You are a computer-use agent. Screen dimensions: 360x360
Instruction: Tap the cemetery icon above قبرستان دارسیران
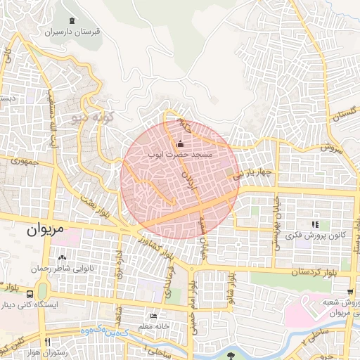pyautogui.click(x=73, y=21)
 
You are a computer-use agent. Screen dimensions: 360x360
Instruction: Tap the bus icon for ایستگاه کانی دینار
pyautogui.click(x=30, y=295)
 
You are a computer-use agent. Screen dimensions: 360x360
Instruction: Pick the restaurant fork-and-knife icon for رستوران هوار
pyautogui.click(x=47, y=342)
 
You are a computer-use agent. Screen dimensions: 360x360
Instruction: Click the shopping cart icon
pyautogui.click(x=350, y=291)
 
